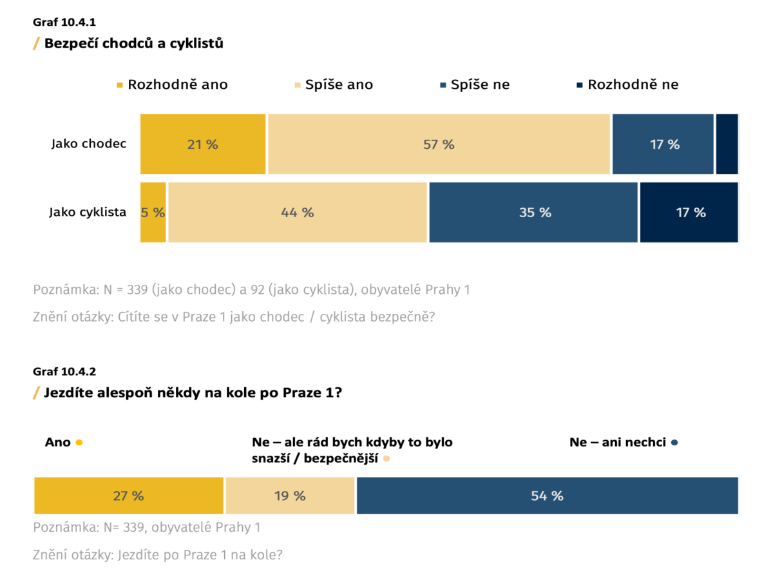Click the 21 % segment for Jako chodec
pos(203,144)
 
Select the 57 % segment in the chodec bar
pos(439,144)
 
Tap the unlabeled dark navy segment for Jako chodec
pos(727,144)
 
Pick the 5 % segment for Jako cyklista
pos(153,213)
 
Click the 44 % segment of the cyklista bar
pos(298,213)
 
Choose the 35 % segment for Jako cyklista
pos(533,213)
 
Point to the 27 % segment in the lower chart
pos(128,496)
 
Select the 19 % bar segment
pos(290,496)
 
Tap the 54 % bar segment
pos(547,496)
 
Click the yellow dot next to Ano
pos(79,443)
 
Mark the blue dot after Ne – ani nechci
pos(674,443)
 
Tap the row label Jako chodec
pos(89,144)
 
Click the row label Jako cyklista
pos(88,212)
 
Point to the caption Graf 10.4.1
pos(64,22)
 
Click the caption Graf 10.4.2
pos(64,371)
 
